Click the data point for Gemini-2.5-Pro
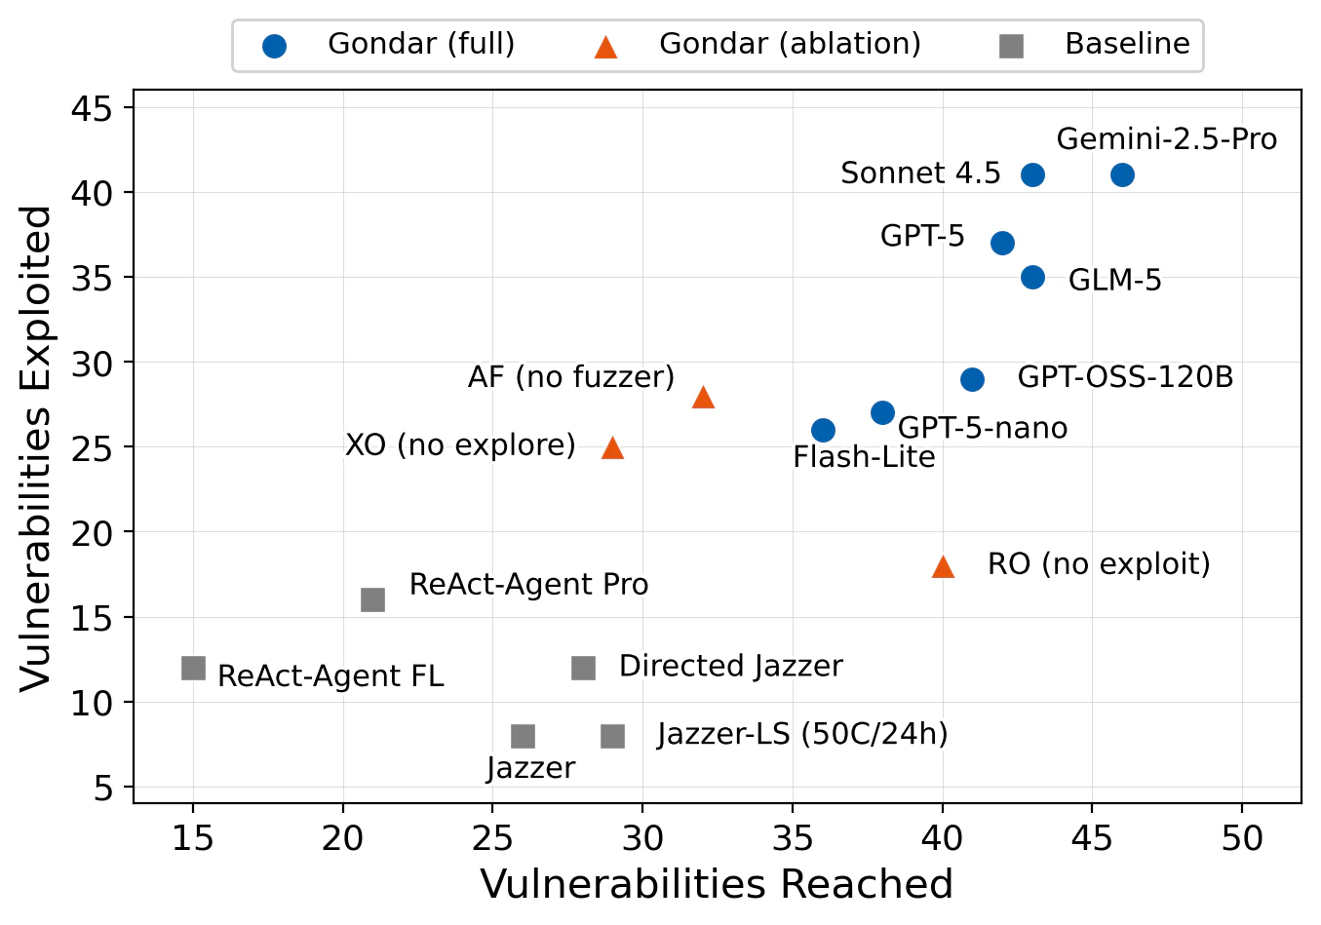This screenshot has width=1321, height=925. (x=1122, y=175)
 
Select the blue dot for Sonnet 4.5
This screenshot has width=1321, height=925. (x=1032, y=175)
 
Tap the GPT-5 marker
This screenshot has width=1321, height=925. (x=1002, y=243)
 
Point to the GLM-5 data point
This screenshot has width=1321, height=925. (x=1032, y=278)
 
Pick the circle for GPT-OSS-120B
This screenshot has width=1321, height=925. (x=972, y=379)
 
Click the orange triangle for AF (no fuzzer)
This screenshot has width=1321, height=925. (x=703, y=398)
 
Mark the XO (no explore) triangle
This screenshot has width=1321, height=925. (x=612, y=448)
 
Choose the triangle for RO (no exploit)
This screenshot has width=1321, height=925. (x=943, y=567)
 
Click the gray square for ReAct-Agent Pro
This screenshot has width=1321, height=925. (x=373, y=599)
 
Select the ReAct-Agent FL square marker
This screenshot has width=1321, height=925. (x=193, y=668)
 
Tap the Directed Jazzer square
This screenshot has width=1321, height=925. (x=583, y=668)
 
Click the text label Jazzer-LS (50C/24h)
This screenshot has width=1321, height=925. (x=802, y=734)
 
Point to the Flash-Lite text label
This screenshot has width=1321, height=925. (x=864, y=457)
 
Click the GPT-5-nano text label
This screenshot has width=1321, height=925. (x=982, y=428)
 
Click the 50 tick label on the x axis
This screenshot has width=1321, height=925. (x=1241, y=837)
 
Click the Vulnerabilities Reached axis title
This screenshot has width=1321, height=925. (x=717, y=885)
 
